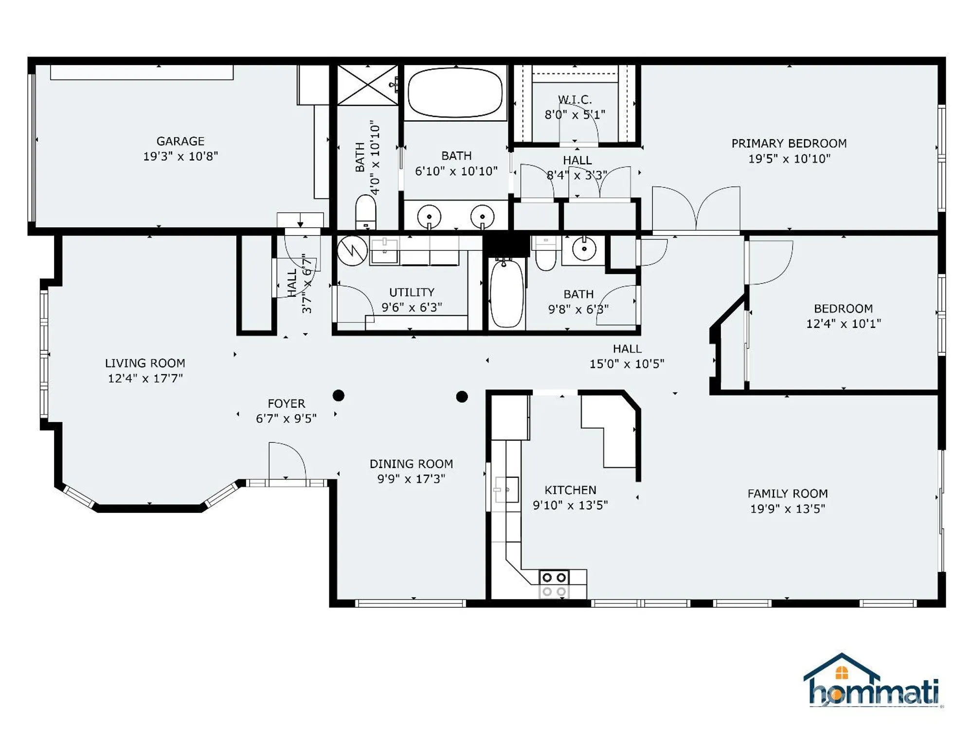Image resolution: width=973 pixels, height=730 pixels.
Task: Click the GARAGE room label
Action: [180, 141]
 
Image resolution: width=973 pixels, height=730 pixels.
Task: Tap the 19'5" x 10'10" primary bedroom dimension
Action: [789, 159]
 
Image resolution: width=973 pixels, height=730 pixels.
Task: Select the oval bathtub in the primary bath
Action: [455, 92]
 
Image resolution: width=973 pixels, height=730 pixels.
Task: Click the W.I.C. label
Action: [575, 100]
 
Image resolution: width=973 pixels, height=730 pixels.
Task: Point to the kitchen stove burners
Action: [554, 584]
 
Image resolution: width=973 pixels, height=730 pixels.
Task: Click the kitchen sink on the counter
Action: [506, 490]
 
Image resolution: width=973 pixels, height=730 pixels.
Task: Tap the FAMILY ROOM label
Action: [787, 493]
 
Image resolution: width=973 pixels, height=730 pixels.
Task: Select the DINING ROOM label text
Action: [411, 464]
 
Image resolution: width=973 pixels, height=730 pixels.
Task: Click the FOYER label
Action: [286, 403]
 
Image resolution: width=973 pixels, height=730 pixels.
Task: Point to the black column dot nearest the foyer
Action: [339, 396]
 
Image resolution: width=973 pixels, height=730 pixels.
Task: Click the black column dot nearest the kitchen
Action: [462, 397]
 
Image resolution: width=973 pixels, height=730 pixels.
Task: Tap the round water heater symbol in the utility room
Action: [352, 251]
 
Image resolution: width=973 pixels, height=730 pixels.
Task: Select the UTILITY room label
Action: [412, 292]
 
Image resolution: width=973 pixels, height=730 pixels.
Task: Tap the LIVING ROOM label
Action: [145, 363]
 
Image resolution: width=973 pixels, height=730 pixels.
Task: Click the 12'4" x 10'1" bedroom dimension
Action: [843, 324]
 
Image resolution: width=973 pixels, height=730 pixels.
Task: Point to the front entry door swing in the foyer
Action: [287, 460]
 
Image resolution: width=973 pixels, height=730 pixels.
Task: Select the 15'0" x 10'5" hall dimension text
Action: [627, 364]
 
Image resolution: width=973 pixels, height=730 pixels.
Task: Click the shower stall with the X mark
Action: [368, 85]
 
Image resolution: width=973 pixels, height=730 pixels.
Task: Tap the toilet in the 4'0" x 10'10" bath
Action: [365, 212]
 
